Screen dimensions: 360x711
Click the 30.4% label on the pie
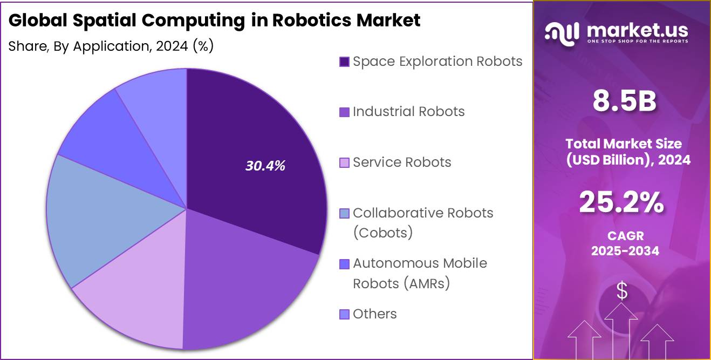[x=265, y=166]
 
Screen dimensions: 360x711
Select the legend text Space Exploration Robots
[x=437, y=62]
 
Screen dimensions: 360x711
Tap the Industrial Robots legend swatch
[x=344, y=112]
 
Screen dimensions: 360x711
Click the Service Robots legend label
[x=402, y=162]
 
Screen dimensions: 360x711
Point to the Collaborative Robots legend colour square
[x=344, y=213]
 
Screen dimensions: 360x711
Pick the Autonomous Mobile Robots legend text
[x=420, y=273]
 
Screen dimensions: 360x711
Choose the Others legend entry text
[x=374, y=314]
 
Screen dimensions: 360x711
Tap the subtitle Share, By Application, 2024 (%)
[x=111, y=46]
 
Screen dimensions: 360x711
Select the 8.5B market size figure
[x=624, y=101]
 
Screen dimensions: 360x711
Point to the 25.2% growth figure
[x=621, y=202]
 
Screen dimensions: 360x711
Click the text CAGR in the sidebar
[x=625, y=236]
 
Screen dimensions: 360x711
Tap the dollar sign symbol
[x=622, y=291]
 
